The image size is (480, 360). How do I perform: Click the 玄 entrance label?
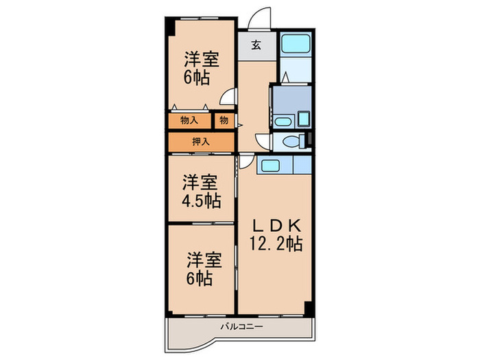click(255, 46)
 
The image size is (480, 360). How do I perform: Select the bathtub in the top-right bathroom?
click(296, 46)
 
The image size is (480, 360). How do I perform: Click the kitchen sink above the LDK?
click(268, 166)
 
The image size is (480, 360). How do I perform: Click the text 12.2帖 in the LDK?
click(276, 243)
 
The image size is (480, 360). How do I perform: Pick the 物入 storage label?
click(189, 121)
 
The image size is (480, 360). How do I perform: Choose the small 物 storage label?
click(224, 121)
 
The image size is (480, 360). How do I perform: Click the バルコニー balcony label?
click(241, 326)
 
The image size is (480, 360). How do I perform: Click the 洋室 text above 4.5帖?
click(201, 183)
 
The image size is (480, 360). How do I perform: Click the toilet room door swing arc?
click(263, 139)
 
